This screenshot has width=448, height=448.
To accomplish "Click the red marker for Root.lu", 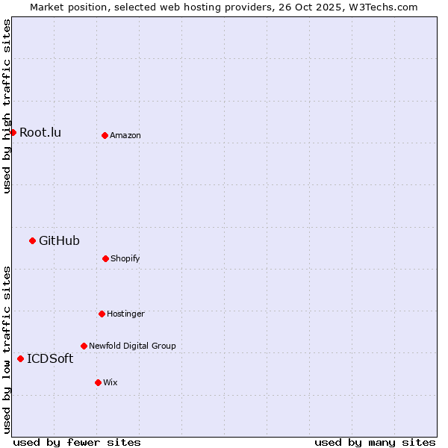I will point(13,132).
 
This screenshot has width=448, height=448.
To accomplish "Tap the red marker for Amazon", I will point(105,135).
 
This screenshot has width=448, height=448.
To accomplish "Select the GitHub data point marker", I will point(32,240).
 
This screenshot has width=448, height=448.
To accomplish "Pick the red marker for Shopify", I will point(105,258).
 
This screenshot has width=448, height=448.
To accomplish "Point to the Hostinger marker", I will point(102,314).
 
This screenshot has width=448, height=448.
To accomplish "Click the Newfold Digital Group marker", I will point(84,346).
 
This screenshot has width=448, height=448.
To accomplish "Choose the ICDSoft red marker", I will point(20,358).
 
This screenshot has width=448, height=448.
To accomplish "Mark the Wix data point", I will point(98,382).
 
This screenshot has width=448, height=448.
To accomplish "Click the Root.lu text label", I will point(40,133).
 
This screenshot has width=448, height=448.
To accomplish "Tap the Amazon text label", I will point(125,136).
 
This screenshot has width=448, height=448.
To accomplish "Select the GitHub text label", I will point(59,240).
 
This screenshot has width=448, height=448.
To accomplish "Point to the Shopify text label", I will point(125,259).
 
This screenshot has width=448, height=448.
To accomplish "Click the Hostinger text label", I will point(125,314).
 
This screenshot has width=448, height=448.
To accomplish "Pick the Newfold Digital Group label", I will point(132,346).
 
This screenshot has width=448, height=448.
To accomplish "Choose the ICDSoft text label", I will point(50,359).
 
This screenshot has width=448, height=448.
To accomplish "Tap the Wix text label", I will point(111,383).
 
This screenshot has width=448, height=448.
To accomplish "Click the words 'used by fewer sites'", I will point(77,442).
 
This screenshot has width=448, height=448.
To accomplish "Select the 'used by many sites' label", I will point(375,442).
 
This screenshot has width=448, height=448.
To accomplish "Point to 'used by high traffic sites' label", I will point(7,106).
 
